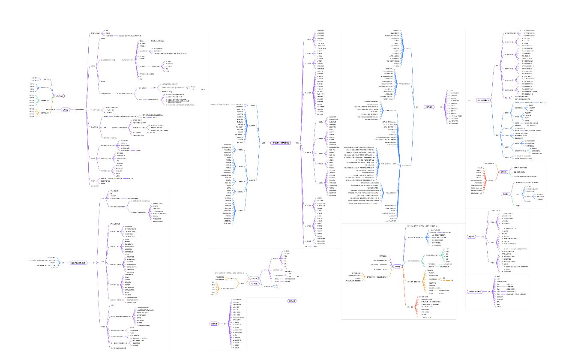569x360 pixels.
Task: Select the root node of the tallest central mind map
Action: [281, 143]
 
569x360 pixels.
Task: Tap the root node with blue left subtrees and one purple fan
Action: [430, 107]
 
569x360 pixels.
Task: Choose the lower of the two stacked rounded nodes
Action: [253, 284]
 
